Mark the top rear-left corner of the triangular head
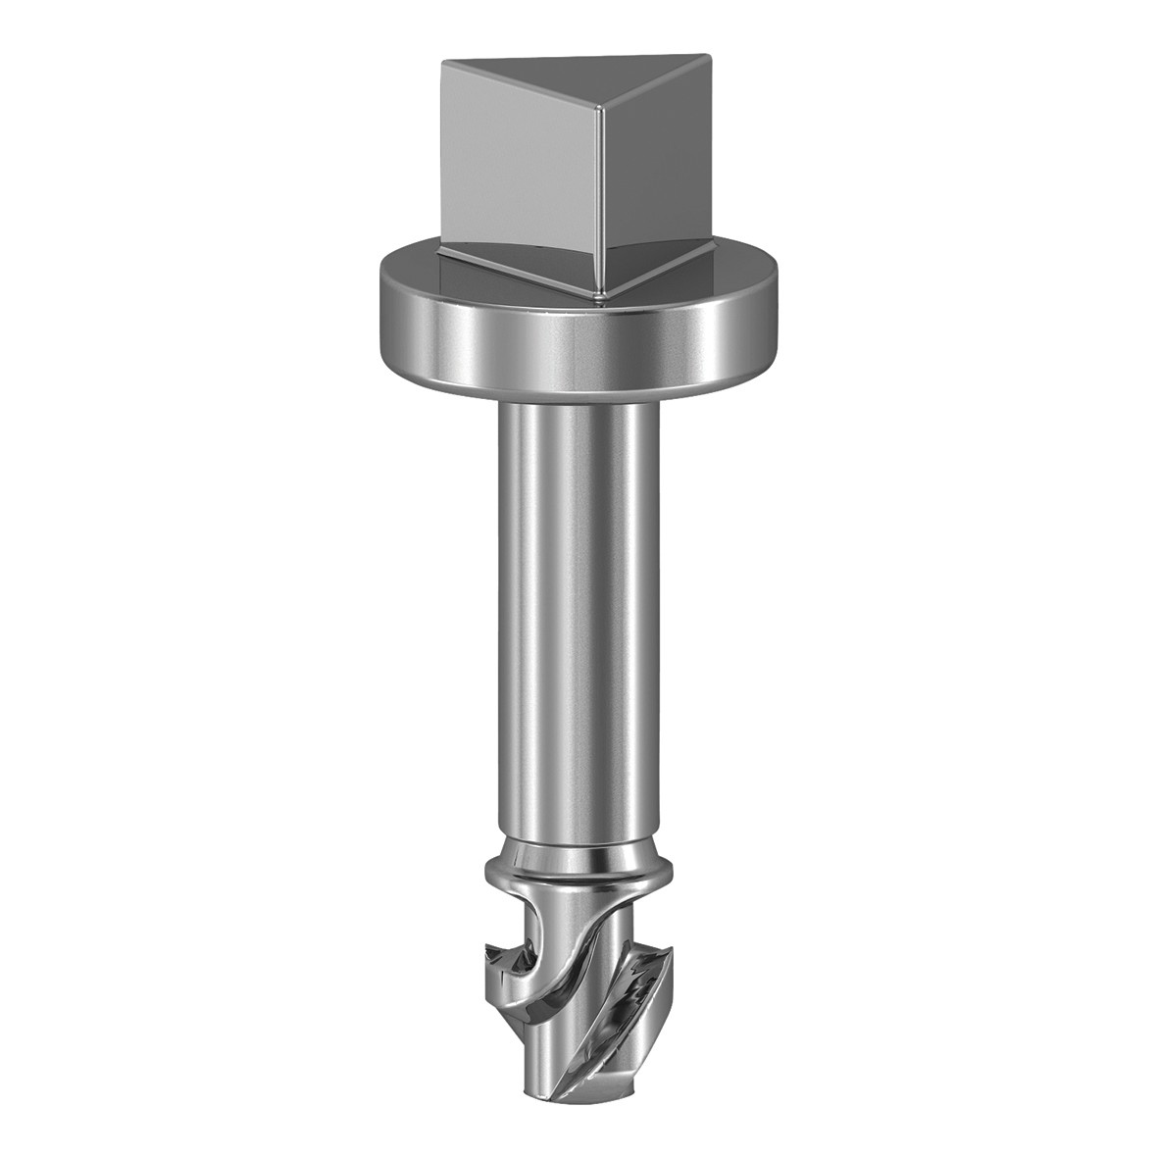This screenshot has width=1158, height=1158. pos(443,65)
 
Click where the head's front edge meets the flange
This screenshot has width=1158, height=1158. pos(601,291)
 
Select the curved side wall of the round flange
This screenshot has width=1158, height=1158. pos(579,343)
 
